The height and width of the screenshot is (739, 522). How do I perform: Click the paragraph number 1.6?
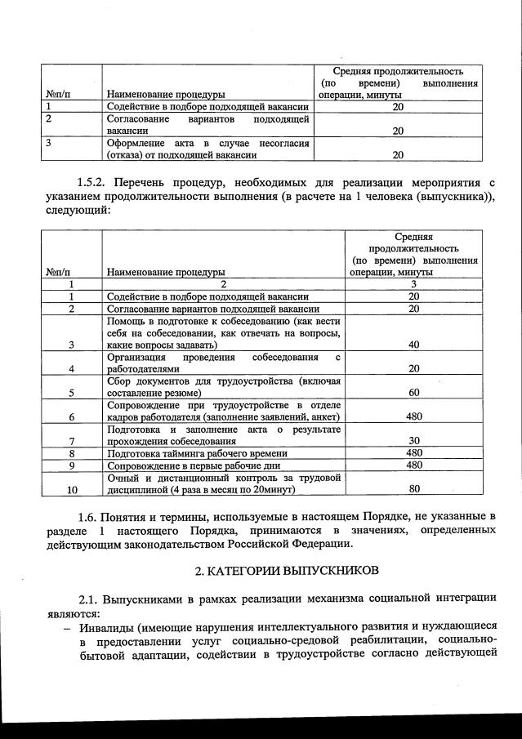[91, 517]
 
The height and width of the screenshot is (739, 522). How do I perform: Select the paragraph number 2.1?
[91, 600]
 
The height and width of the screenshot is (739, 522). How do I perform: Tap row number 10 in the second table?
[72, 490]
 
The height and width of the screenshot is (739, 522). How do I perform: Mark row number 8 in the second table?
[72, 453]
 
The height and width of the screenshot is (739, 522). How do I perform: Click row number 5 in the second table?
[72, 393]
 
